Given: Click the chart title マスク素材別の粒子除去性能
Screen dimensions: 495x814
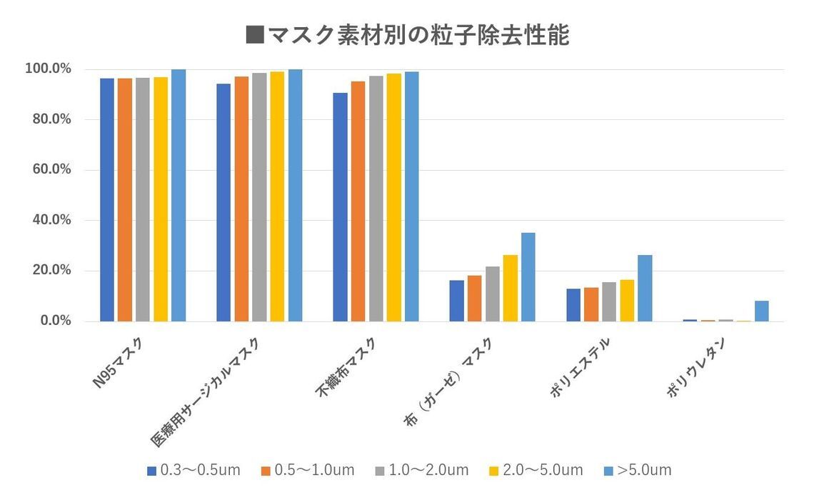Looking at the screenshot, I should point(407,34).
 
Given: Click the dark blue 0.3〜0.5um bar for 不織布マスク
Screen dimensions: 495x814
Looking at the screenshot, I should point(341,207).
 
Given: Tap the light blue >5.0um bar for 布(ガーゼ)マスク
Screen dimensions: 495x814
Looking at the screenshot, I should point(528,277).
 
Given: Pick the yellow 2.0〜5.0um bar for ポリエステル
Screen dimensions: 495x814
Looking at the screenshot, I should point(627,301).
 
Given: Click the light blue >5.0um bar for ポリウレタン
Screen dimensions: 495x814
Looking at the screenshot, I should point(762,311).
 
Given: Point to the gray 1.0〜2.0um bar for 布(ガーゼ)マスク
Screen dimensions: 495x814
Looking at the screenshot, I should point(493,294).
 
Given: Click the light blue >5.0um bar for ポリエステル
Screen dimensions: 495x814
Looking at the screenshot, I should point(645,289).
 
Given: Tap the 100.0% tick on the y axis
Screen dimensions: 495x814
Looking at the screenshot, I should point(48,69).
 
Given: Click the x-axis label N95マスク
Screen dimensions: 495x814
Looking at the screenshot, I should point(118,364).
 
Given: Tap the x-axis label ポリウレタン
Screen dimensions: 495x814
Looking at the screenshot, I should point(695,367).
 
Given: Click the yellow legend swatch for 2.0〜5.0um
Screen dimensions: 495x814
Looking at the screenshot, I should point(494,471).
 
